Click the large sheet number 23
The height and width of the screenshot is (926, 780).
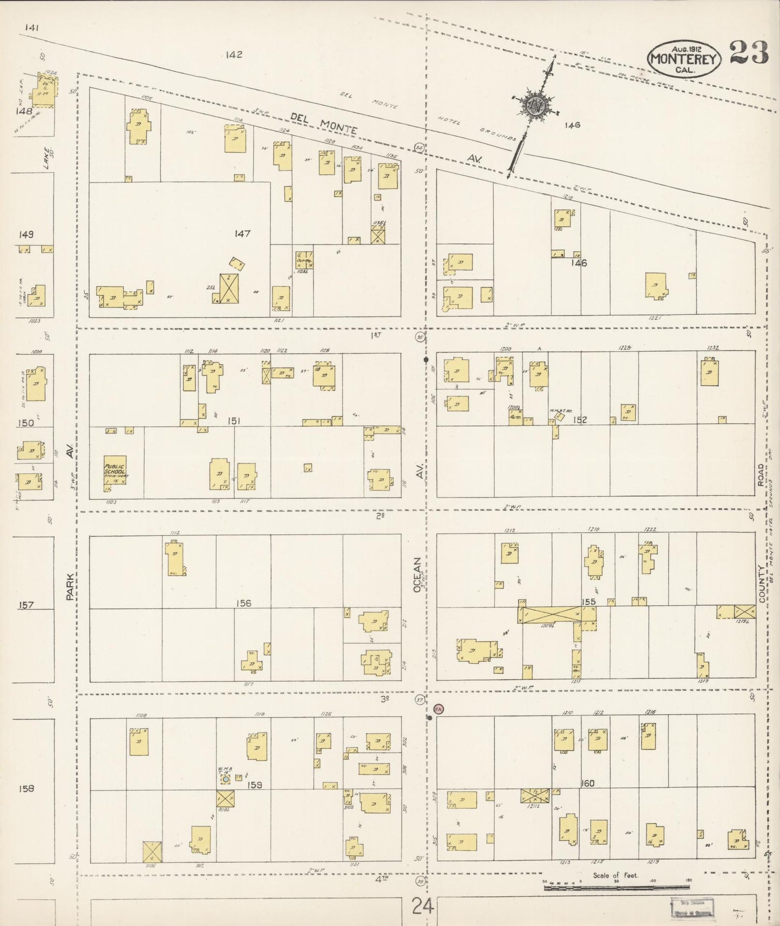[749, 53]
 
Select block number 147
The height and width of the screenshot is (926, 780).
[242, 233]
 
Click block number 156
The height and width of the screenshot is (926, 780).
[243, 603]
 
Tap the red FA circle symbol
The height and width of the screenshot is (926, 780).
[438, 709]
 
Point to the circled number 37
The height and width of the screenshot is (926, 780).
[419, 700]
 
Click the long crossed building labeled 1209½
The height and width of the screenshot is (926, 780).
[550, 614]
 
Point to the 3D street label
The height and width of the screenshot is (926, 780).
[384, 699]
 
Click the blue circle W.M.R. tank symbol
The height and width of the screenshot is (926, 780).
[225, 779]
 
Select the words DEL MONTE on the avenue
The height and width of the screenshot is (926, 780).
[323, 123]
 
